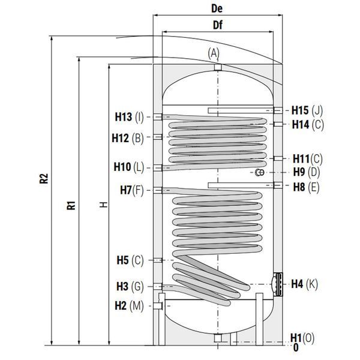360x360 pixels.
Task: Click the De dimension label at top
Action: (217, 9)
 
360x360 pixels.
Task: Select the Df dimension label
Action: (218, 25)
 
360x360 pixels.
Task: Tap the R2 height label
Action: (44, 178)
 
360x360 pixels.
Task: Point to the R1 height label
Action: (71, 205)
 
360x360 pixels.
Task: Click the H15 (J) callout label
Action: (307, 110)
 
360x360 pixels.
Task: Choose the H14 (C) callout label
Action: (308, 125)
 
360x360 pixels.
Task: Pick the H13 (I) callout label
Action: (129, 117)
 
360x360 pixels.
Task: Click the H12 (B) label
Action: (128, 138)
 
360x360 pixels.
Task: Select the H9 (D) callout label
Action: (307, 172)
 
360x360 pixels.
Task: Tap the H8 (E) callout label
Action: (306, 187)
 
